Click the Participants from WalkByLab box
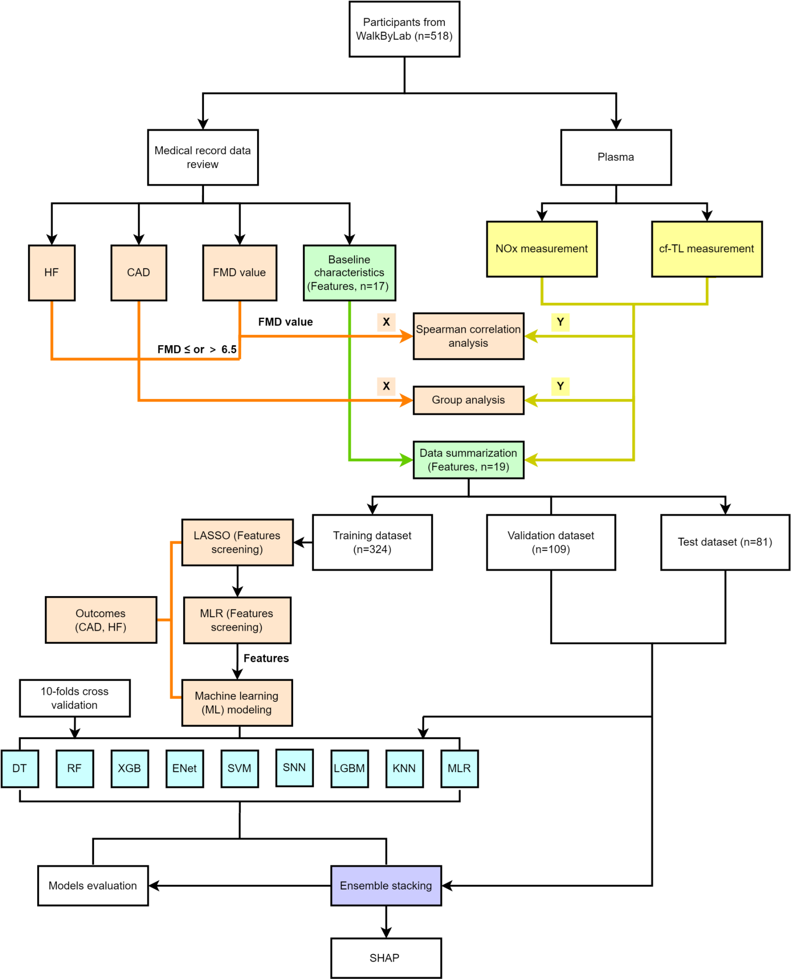click(x=404, y=29)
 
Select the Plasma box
click(x=615, y=157)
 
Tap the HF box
click(x=51, y=273)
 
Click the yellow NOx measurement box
click(x=541, y=249)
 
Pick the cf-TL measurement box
click(x=706, y=249)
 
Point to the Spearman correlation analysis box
click(x=469, y=336)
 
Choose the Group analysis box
click(x=469, y=400)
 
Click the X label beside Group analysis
click(x=386, y=386)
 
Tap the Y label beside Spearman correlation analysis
click(x=560, y=322)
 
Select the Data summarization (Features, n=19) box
click(x=469, y=459)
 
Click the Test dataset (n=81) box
click(x=724, y=542)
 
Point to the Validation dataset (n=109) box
click(x=551, y=542)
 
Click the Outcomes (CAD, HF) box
click(x=101, y=620)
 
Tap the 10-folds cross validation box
click(x=75, y=698)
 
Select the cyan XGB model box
click(x=130, y=769)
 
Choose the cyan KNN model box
click(x=404, y=769)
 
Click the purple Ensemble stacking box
click(x=386, y=885)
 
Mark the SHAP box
click(x=386, y=957)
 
